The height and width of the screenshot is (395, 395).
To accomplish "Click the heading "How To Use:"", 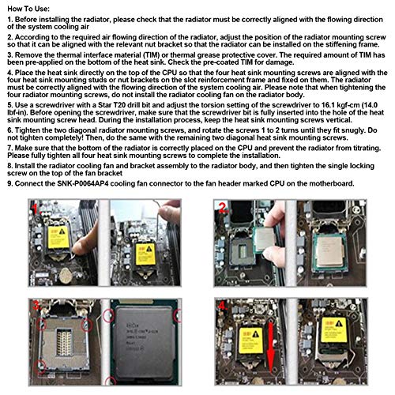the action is coord(28,9).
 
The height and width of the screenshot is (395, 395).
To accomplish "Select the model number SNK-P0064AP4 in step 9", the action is coord(83,183).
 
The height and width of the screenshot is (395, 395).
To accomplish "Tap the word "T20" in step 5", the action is coord(119,105).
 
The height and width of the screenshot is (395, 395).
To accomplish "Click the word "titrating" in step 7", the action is coord(367,148).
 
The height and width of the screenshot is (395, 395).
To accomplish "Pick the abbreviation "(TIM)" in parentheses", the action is coord(152,55).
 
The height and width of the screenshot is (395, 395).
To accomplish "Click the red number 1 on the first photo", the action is coord(35,208).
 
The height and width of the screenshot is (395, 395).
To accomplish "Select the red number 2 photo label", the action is coord(224,208).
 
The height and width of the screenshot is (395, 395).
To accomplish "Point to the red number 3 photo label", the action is coord(36,306).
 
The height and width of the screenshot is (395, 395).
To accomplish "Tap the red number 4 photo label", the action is coord(223,306).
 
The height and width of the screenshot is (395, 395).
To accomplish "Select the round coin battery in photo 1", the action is coord(66,276).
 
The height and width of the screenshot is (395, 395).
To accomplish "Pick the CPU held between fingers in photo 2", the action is coord(266,239).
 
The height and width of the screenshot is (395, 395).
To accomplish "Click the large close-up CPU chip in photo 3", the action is coord(145,342).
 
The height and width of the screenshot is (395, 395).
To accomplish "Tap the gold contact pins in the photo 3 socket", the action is coord(64,342).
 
